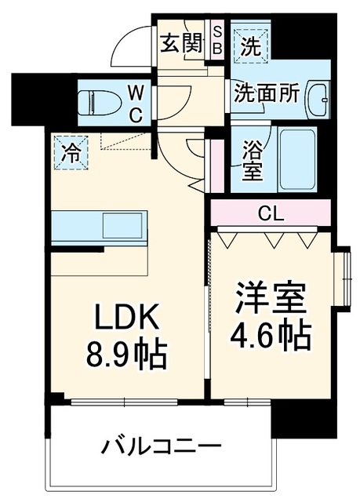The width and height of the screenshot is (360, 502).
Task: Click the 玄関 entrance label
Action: [x=181, y=43]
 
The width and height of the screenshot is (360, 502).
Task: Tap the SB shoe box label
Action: [x=217, y=41]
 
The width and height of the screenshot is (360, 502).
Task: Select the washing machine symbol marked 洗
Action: [x=250, y=46]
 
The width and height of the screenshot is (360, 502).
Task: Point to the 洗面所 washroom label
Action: [x=267, y=93]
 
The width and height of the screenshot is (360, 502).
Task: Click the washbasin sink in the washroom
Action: [x=318, y=99]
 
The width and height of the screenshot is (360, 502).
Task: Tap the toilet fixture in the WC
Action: [x=99, y=103]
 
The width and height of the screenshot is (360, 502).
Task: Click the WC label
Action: [x=136, y=104]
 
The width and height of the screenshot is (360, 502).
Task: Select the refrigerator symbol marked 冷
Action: [x=71, y=152]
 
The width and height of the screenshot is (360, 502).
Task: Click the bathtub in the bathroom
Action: [x=298, y=159]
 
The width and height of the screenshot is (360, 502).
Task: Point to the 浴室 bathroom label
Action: [x=253, y=160]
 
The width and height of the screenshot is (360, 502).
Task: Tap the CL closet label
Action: [x=271, y=213]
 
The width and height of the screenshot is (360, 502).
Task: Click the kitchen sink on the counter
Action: [x=122, y=226]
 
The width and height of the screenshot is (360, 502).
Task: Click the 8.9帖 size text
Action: [x=127, y=355]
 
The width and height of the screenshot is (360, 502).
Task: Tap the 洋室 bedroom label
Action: [x=271, y=300]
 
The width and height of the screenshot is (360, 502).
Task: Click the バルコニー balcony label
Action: [x=162, y=446]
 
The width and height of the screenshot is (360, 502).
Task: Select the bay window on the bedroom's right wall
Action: [x=342, y=278]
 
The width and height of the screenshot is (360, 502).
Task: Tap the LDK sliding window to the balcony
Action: [x=124, y=402]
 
